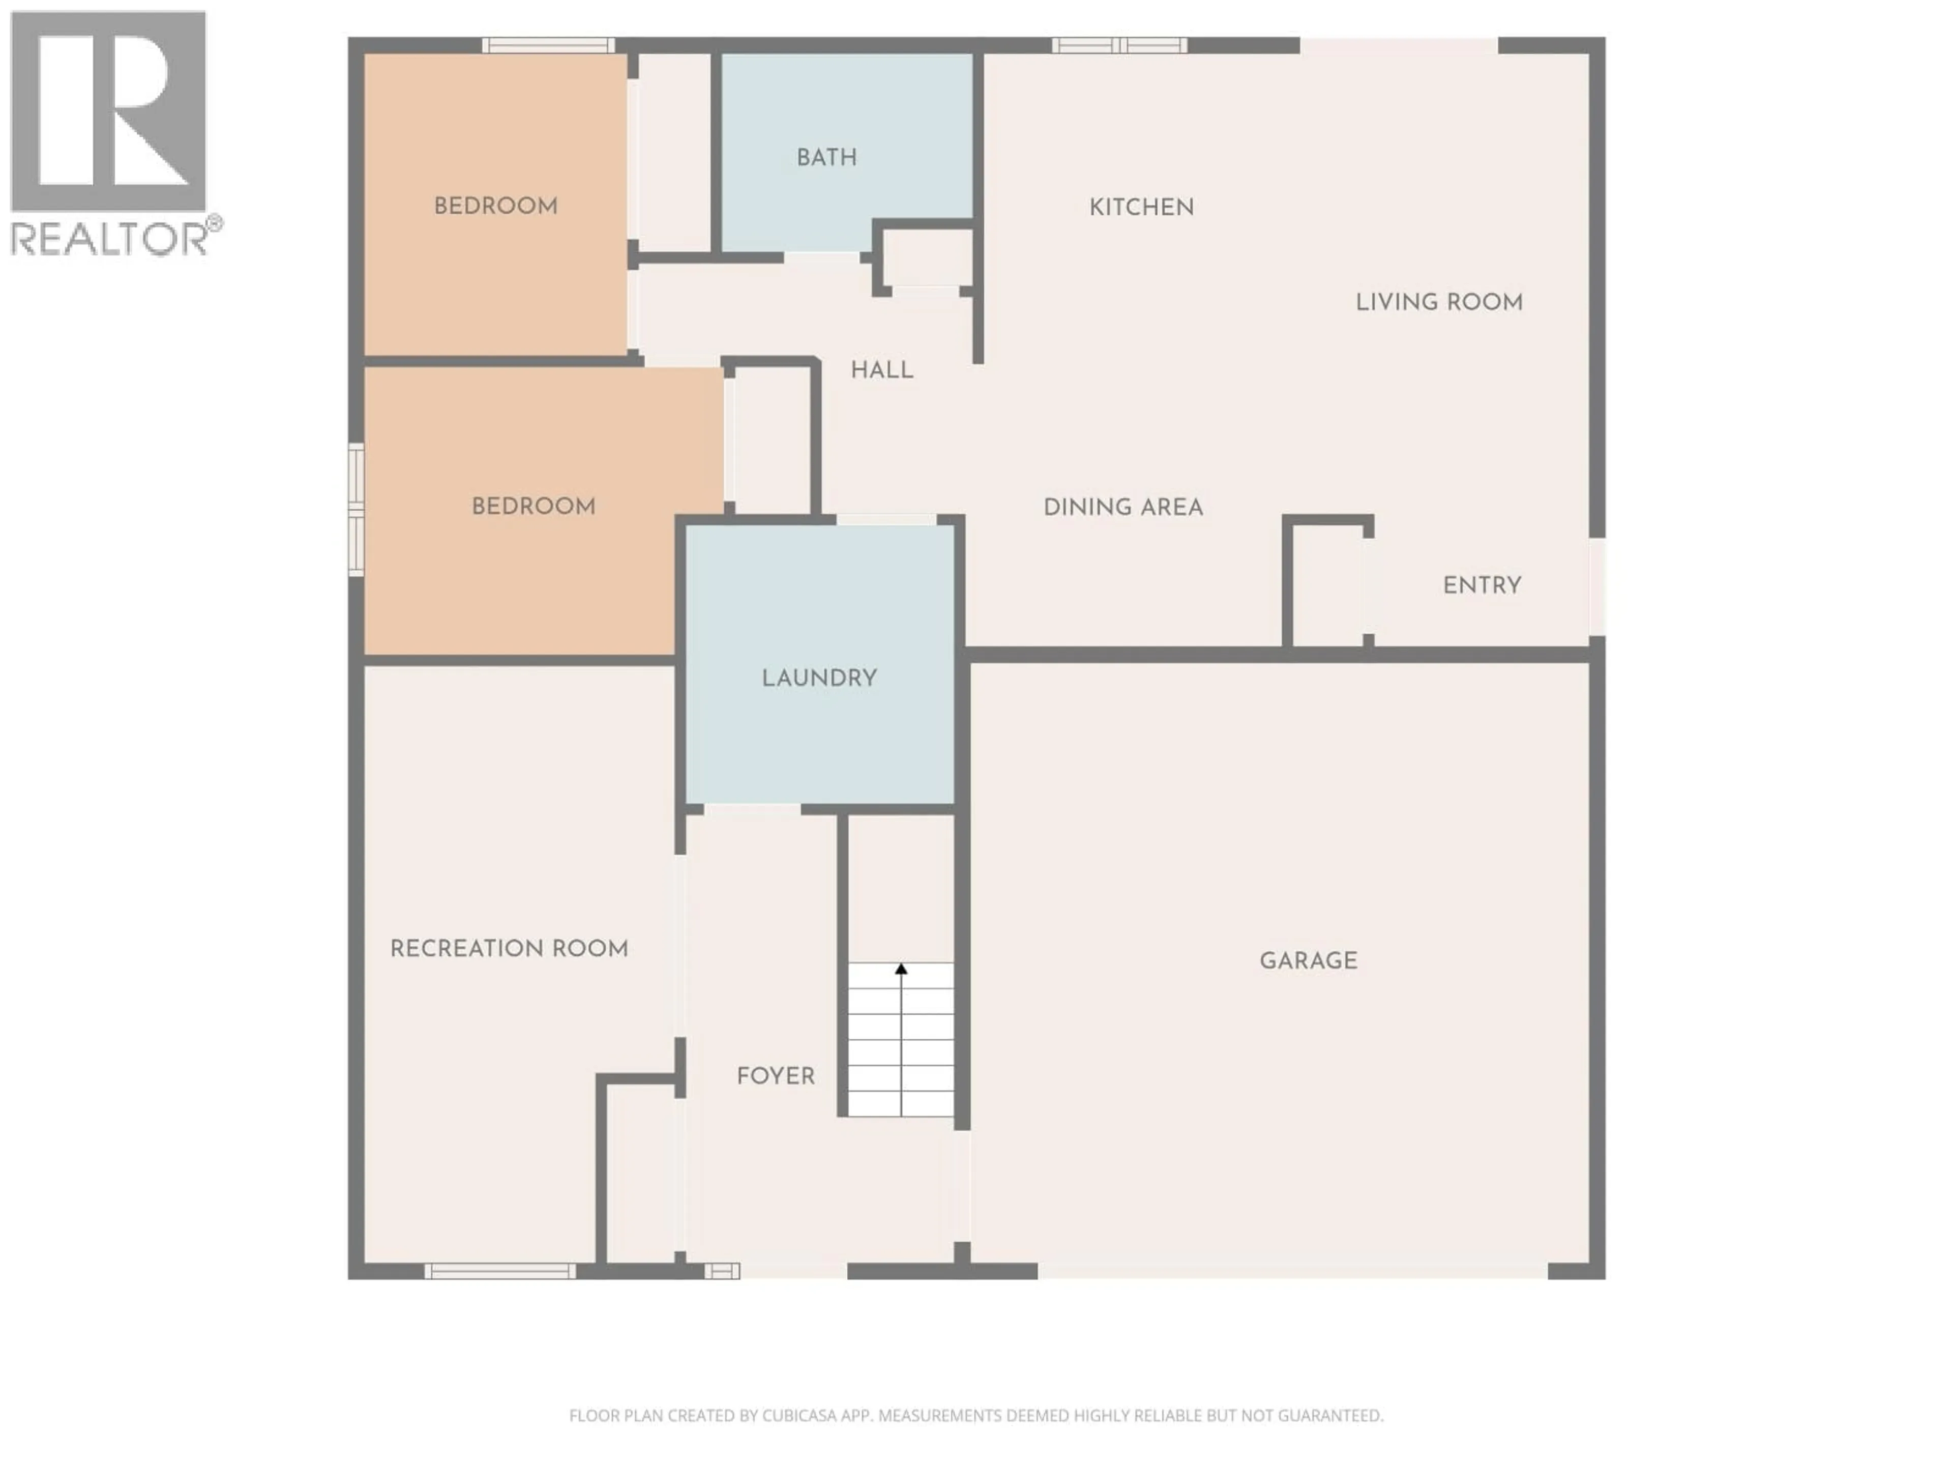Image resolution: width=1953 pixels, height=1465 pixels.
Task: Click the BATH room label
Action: (x=826, y=157)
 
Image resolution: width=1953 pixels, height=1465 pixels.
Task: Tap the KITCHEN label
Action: (x=1142, y=208)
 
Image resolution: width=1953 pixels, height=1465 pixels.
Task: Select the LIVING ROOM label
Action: (x=1439, y=302)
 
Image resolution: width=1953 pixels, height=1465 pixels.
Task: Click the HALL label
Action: (x=882, y=370)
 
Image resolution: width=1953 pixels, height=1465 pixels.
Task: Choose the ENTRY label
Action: (x=1482, y=585)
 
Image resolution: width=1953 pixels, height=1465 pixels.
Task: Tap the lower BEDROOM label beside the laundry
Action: (x=534, y=506)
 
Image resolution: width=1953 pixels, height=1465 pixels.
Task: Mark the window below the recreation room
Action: (x=500, y=1272)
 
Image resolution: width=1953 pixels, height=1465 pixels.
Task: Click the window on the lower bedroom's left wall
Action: (x=356, y=510)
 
